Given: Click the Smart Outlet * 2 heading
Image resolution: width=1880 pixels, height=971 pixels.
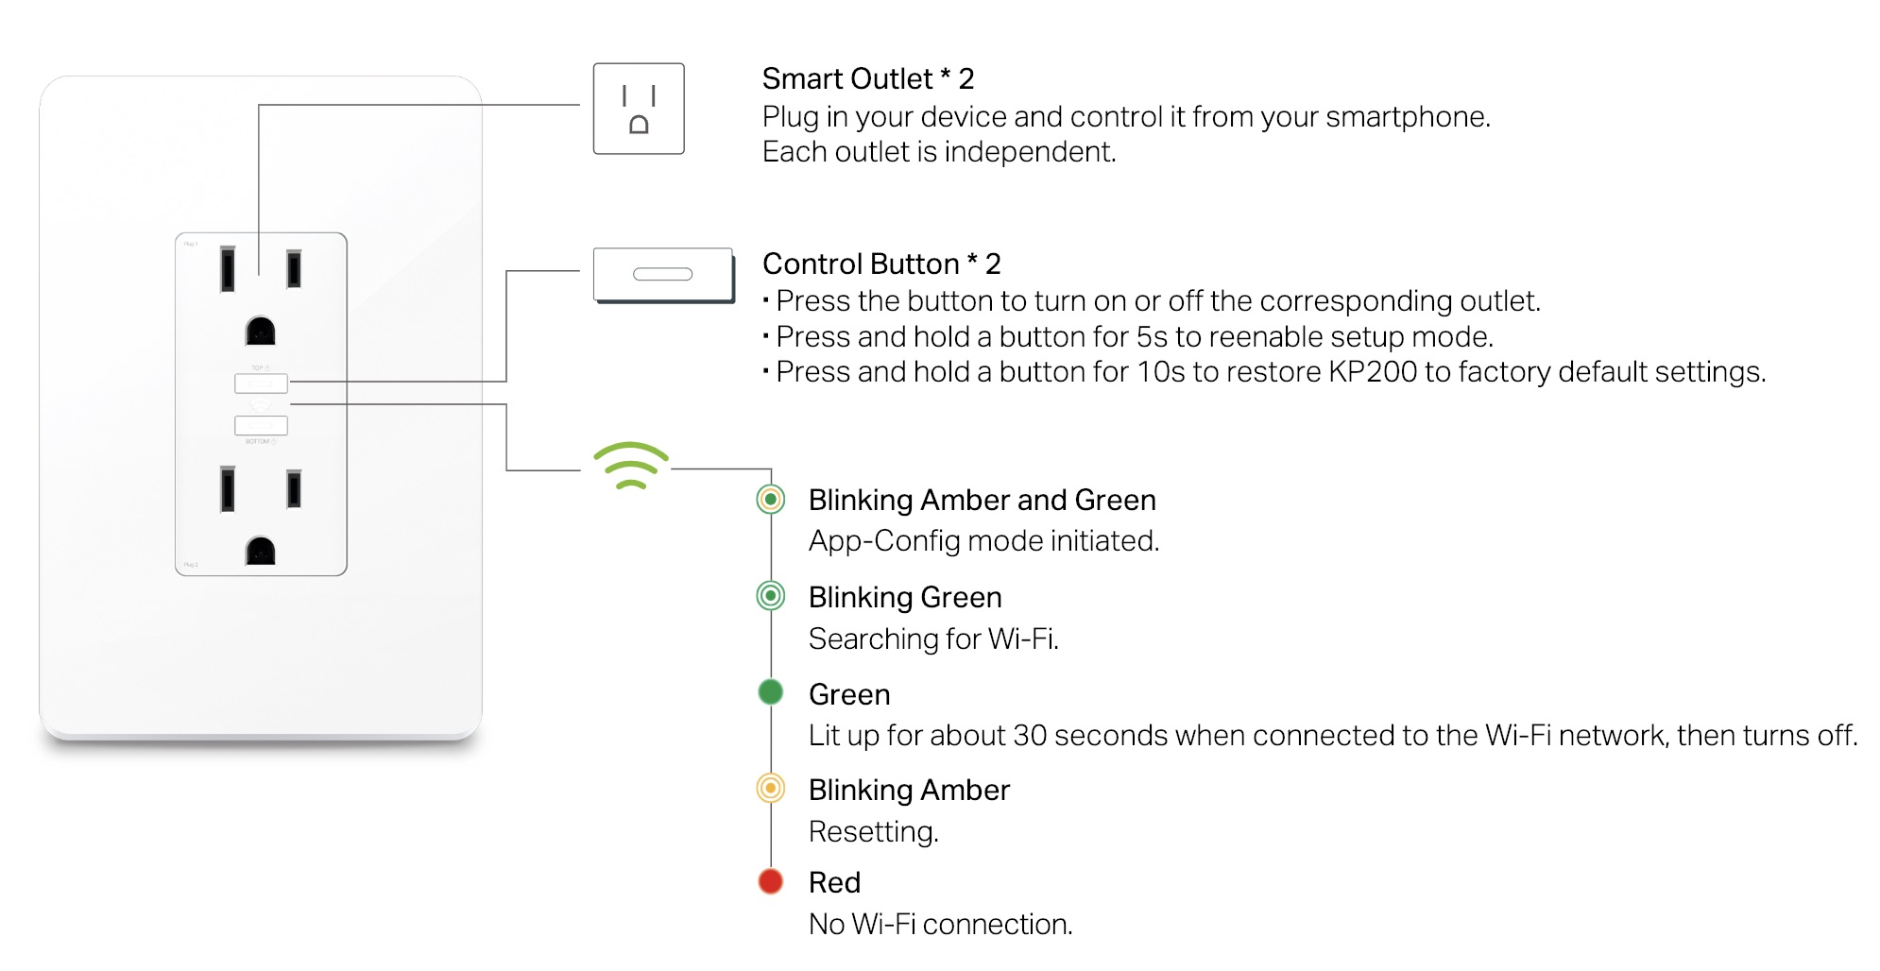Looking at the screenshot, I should point(867,78).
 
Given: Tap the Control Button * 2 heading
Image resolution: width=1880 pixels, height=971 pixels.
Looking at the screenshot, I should point(880,264).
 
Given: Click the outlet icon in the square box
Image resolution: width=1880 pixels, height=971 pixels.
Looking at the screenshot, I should point(639,109).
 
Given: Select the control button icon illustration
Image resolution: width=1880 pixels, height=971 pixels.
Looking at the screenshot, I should point(663,275).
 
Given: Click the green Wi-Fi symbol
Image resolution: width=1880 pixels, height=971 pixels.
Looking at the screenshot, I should point(631,465).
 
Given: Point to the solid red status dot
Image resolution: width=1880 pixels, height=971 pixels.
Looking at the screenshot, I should point(771,881).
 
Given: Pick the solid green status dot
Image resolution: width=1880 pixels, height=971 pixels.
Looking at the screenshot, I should point(771,692).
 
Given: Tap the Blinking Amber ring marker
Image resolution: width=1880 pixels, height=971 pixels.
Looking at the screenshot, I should point(771,788).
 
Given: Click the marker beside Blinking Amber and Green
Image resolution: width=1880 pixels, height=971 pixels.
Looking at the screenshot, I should point(771,499).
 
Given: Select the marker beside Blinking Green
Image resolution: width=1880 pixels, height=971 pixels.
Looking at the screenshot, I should point(771,595).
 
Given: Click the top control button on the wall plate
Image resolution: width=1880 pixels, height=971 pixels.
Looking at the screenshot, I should point(261,383).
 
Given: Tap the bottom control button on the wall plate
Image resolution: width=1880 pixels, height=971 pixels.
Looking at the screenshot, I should point(261,426).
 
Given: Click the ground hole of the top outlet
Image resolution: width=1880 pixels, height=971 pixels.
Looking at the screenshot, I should point(261,332).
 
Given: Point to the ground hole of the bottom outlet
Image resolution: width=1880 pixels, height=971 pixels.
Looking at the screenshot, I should point(261,551).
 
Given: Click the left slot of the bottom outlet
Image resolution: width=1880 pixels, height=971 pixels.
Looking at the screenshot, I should point(228,488).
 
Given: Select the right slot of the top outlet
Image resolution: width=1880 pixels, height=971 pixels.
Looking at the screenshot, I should point(294,269).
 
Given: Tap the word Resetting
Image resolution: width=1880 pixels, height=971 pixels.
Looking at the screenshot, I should point(873,831).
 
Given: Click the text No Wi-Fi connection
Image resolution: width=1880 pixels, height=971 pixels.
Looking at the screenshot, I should point(940,924).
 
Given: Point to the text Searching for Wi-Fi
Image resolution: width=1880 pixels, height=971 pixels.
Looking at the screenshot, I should point(933,639).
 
